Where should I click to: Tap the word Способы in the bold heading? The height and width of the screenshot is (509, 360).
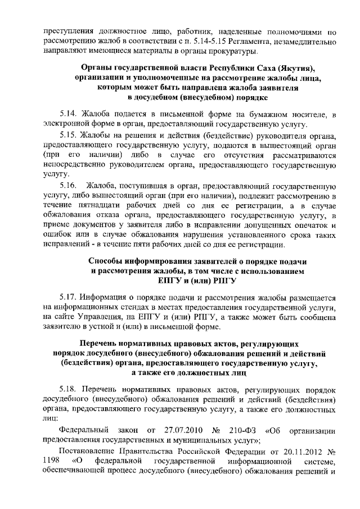click(110, 261)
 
